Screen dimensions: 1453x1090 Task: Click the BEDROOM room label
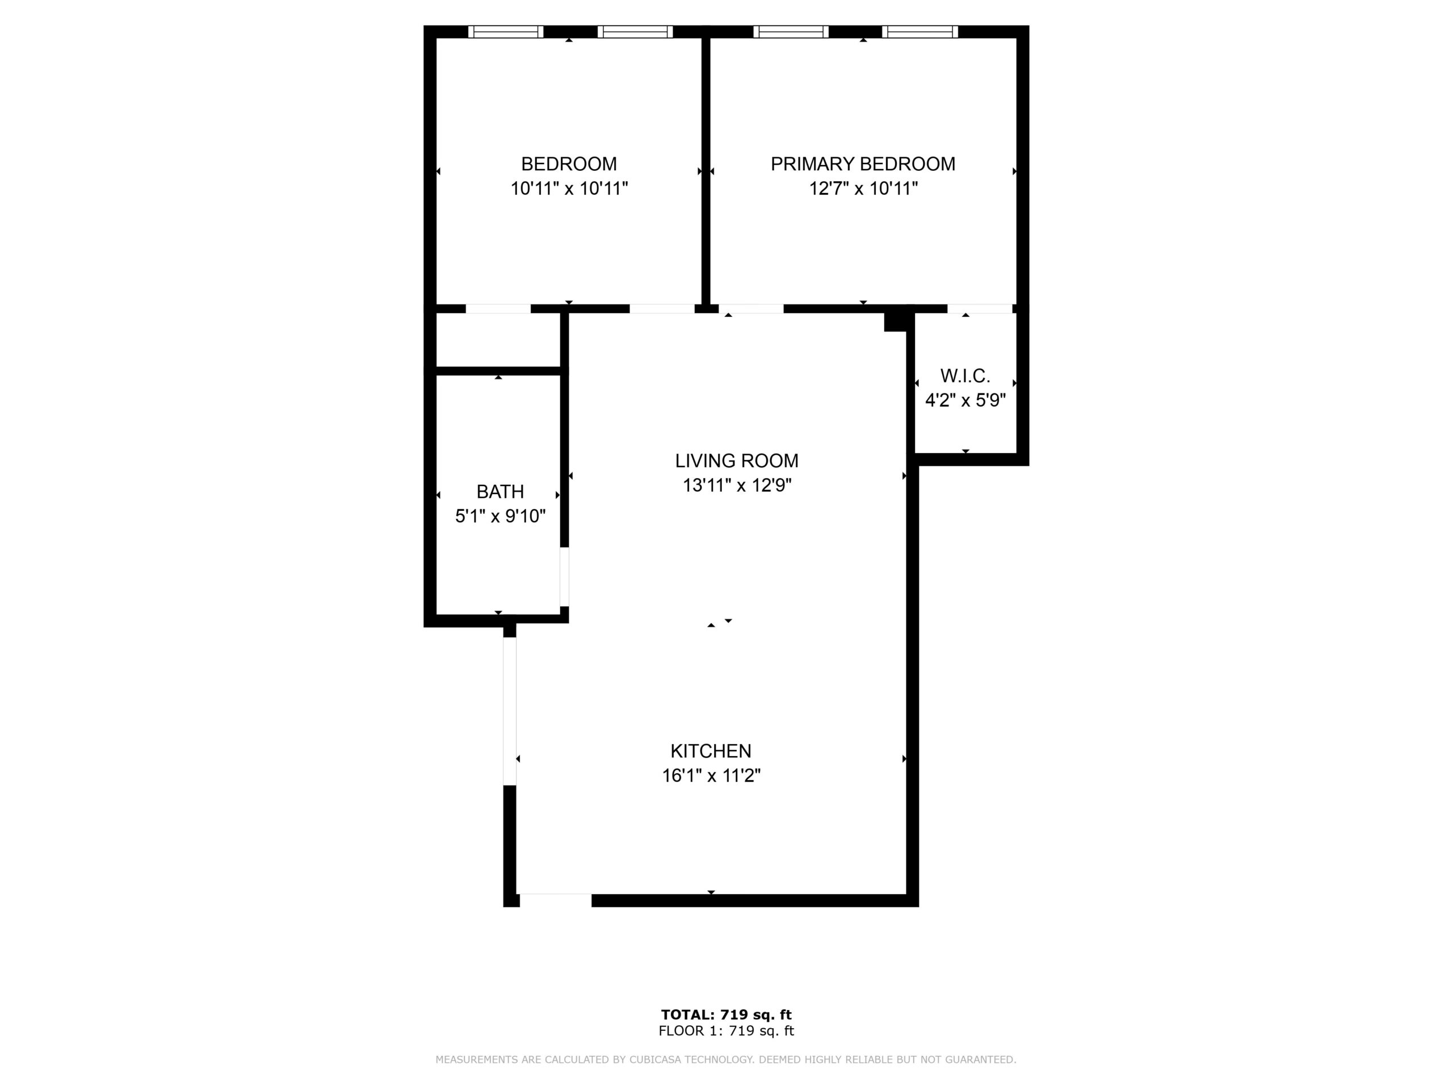pos(569,163)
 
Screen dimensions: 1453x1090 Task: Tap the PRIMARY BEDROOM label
pos(863,163)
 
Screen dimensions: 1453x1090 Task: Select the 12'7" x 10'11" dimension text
pos(863,188)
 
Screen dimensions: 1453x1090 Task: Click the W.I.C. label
pos(965,376)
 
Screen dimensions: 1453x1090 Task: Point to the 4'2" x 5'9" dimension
pos(965,400)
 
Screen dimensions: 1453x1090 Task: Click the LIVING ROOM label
pos(736,460)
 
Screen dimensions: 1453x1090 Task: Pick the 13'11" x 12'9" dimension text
pos(736,485)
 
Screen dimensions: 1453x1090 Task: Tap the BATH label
pos(500,492)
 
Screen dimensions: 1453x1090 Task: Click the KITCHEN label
pos(711,751)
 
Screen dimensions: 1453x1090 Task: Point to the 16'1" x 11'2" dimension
pos(711,776)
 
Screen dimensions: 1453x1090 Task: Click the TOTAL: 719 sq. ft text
pos(726,1015)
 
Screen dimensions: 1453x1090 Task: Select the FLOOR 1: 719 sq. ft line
pos(726,1031)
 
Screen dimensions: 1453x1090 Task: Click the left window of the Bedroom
pos(506,32)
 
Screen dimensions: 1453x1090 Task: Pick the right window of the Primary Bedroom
pos(919,32)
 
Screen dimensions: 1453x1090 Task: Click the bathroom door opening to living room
pos(564,577)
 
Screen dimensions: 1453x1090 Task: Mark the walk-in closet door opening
pos(980,309)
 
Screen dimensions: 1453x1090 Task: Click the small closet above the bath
pos(498,339)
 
